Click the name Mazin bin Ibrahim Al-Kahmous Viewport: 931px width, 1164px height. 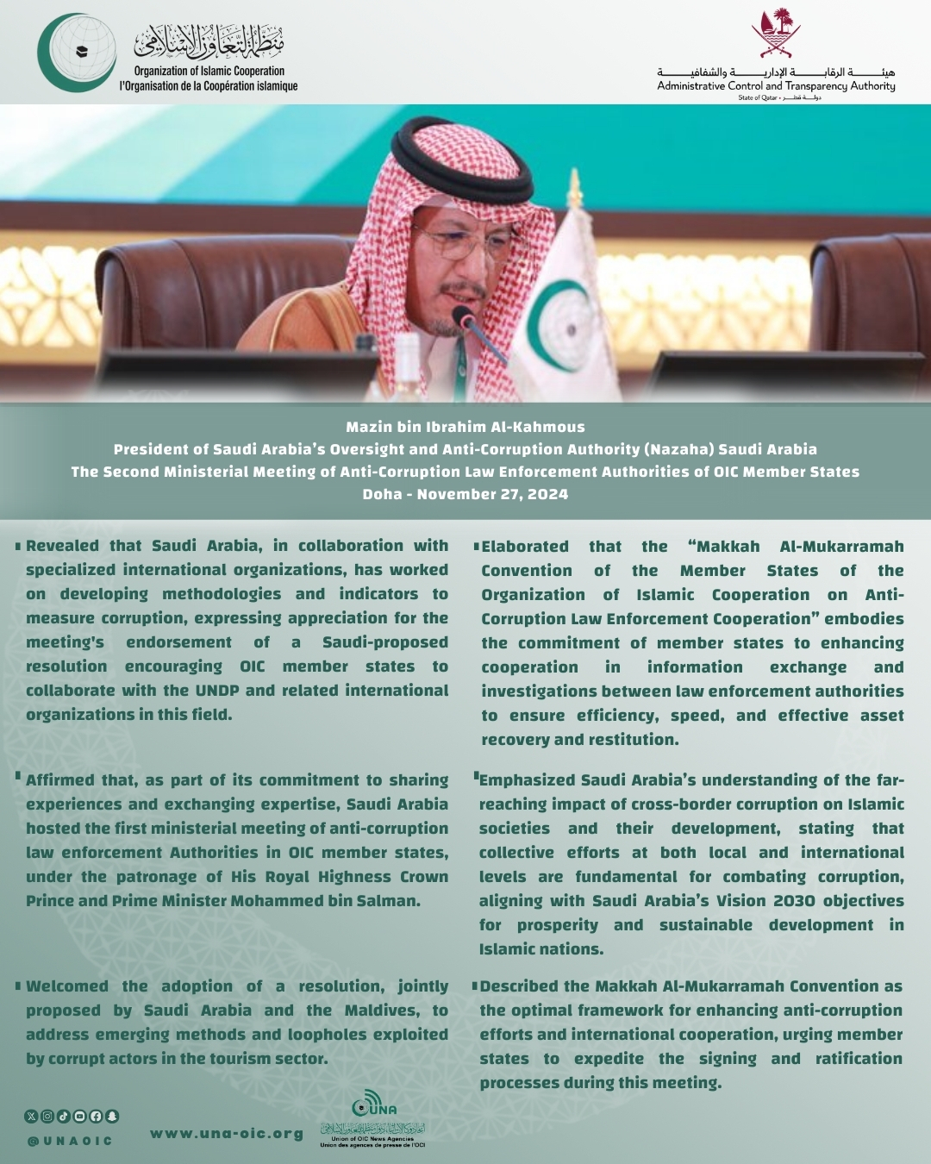[465, 427]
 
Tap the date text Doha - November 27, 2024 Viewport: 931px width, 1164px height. [465, 494]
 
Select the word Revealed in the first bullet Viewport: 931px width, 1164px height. [62, 546]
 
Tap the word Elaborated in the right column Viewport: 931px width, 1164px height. [525, 547]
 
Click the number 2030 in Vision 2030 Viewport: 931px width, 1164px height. [793, 901]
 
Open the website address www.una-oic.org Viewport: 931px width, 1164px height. [226, 1134]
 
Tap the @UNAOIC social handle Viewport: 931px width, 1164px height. [70, 1141]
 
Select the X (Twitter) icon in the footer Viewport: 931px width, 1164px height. [32, 1116]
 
